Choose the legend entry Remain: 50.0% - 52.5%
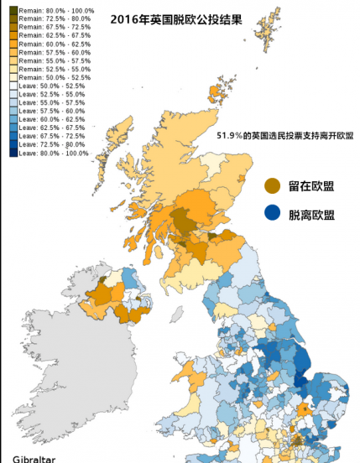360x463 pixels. tap(50, 77)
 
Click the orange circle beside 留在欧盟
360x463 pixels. tap(271, 185)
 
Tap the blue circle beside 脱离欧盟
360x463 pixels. tap(271, 214)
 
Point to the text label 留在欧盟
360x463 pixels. tap(311, 185)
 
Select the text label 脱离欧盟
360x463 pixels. tap(311, 215)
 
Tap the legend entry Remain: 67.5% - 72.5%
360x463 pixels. tap(50, 27)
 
